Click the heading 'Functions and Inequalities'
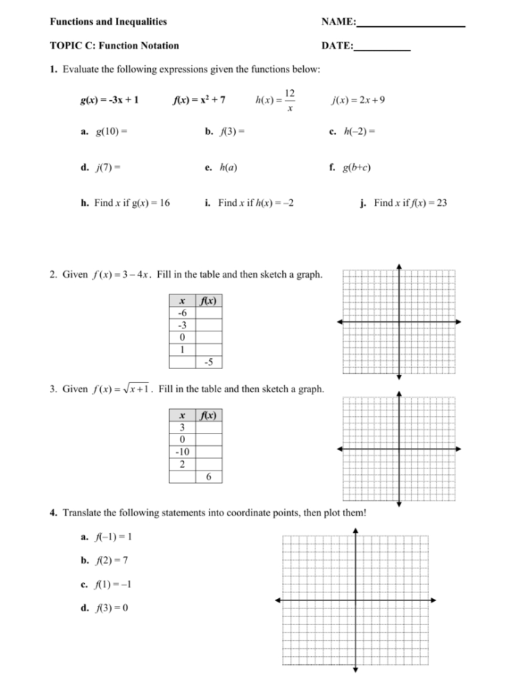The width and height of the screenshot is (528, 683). coord(107,22)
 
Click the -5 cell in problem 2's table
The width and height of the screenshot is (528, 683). coord(209,361)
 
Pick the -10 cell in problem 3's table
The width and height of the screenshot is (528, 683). coord(182,452)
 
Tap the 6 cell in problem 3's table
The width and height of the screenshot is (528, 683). coord(209,476)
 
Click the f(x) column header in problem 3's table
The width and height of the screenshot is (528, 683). coord(209,415)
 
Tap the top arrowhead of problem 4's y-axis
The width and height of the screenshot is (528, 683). coord(355,531)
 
